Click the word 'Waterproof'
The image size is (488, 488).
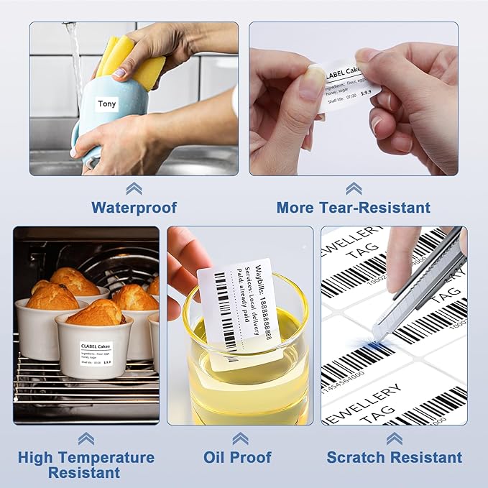pyautogui.click(x=134, y=208)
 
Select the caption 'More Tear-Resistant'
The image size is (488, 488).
pyautogui.click(x=354, y=208)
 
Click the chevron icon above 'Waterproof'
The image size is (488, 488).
pyautogui.click(x=134, y=188)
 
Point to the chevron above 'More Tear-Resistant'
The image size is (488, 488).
pyautogui.click(x=354, y=188)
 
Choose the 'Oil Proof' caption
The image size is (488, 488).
pyautogui.click(x=238, y=457)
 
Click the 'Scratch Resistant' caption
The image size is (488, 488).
pyautogui.click(x=395, y=457)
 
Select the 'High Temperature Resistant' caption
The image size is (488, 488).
pyautogui.click(x=86, y=464)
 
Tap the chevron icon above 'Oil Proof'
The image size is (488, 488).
pyautogui.click(x=240, y=438)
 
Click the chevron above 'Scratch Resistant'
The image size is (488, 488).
pyautogui.click(x=394, y=438)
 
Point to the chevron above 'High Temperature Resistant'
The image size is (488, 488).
pyautogui.click(x=86, y=438)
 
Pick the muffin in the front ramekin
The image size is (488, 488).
pyautogui.click(x=95, y=313)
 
